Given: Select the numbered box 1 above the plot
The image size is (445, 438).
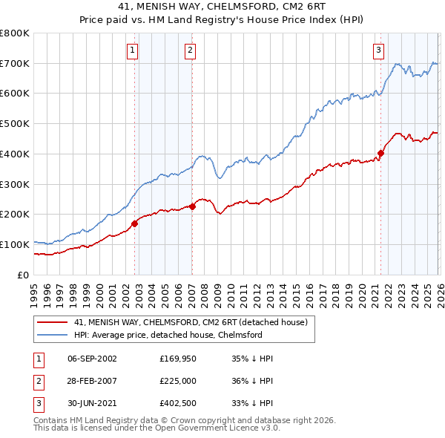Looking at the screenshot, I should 132,50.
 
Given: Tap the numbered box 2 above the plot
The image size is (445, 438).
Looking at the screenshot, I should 191,50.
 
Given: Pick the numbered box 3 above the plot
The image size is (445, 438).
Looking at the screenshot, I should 378,50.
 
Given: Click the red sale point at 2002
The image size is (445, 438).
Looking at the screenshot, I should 135,223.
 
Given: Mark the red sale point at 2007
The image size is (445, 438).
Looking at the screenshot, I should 192,206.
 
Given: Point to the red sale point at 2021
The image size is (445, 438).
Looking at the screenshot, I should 381,153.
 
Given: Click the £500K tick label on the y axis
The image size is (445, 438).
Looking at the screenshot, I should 15,124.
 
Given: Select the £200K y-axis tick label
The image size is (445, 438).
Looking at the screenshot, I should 15,215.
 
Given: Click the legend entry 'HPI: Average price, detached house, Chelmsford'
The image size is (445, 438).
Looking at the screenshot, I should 168,336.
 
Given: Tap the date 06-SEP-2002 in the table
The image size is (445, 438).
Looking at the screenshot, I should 92,359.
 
